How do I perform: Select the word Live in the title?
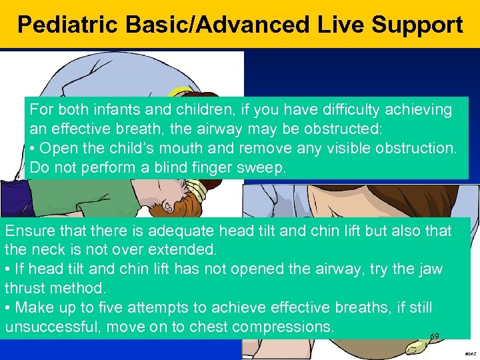point(340,25)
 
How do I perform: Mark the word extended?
point(182,250)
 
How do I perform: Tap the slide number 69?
point(435,337)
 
